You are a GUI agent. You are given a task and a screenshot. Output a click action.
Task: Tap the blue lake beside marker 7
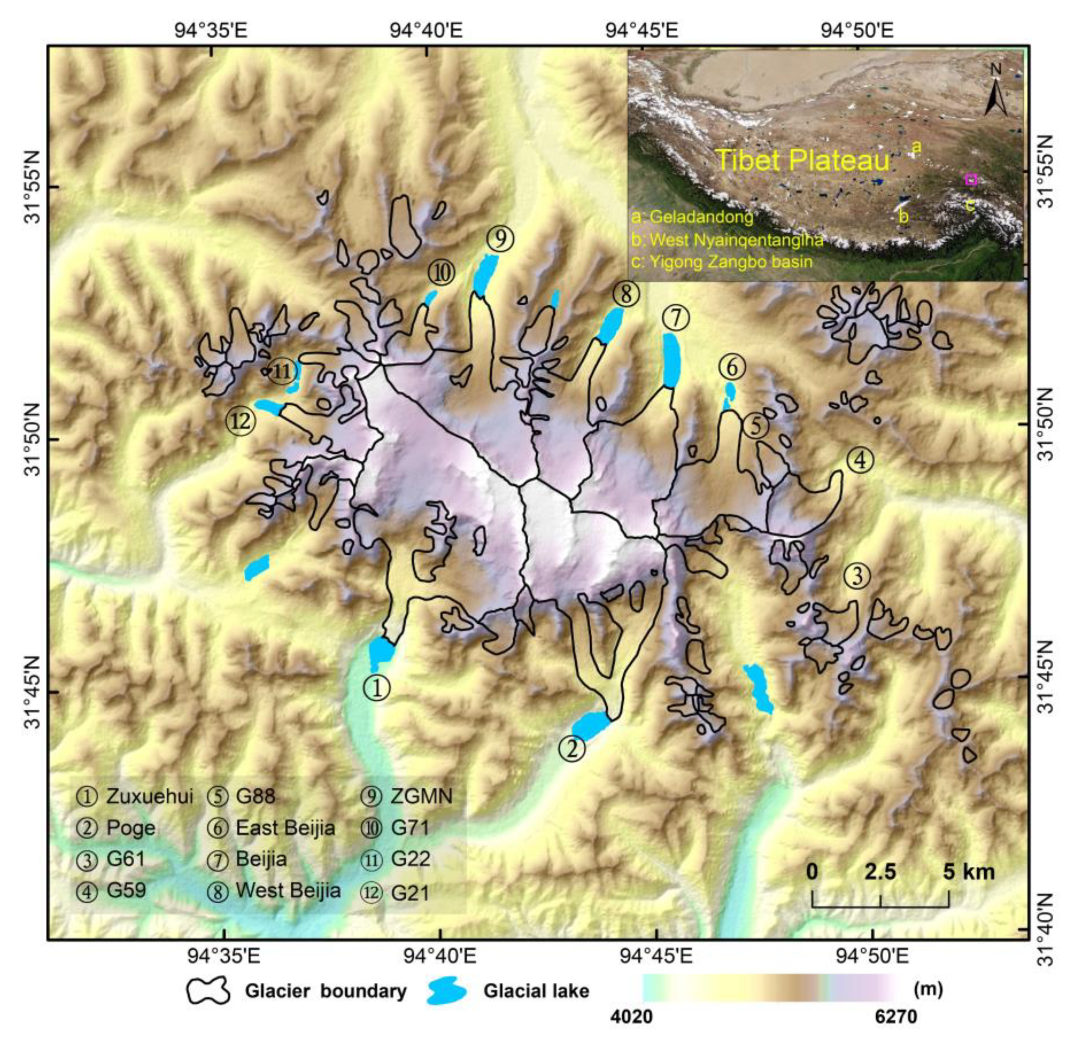671,360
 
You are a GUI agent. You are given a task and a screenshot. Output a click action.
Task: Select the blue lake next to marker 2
591,725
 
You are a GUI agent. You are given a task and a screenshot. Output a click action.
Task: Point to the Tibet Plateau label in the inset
802,160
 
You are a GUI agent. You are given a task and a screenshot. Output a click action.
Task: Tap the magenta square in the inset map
971,179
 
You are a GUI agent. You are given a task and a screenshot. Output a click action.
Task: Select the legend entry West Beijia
288,890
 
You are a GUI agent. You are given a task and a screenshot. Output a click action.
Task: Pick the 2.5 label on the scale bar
880,872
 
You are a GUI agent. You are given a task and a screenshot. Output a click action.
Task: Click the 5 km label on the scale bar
969,872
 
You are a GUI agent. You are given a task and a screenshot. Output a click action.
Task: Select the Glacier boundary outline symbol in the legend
208,990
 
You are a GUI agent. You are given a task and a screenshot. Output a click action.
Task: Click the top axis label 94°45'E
642,29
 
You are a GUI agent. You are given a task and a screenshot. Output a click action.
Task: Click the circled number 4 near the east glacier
860,461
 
